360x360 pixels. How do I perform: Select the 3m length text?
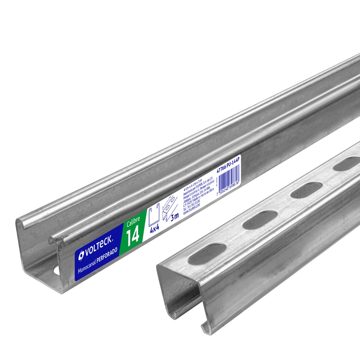(x=174, y=215)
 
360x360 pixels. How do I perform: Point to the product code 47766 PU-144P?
(x=227, y=165)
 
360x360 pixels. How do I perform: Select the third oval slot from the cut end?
(x=307, y=190)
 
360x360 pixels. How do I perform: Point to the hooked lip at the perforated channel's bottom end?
(x=205, y=327)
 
